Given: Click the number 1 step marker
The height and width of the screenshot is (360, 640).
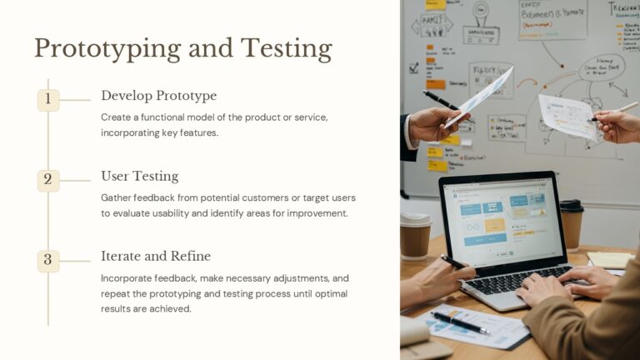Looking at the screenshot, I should pyautogui.click(x=47, y=100).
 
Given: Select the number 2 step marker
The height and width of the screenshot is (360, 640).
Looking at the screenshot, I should pyautogui.click(x=47, y=180).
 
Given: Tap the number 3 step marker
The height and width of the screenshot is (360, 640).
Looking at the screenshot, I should pyautogui.click(x=47, y=260).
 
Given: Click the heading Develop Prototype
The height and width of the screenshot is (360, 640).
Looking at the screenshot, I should pyautogui.click(x=158, y=96).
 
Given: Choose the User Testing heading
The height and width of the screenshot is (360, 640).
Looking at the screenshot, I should pyautogui.click(x=139, y=176).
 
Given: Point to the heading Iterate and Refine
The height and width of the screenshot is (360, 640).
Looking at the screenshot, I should pyautogui.click(x=156, y=256).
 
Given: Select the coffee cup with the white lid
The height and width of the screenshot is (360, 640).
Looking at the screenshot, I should pyautogui.click(x=415, y=235).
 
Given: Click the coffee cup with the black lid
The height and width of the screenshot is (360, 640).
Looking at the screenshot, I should pyautogui.click(x=572, y=223).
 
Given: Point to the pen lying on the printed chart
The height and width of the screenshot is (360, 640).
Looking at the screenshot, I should pyautogui.click(x=459, y=322).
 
